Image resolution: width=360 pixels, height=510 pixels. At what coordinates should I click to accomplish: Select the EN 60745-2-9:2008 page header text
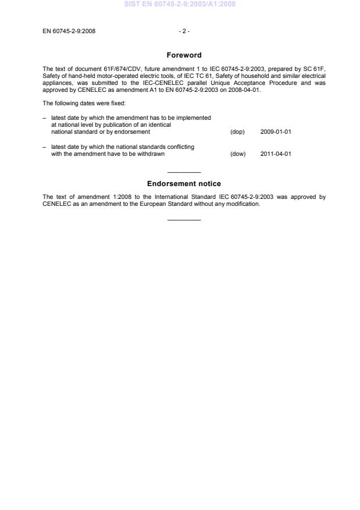tap(69, 31)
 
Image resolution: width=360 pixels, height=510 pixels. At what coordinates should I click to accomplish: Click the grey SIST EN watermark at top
tap(180, 4)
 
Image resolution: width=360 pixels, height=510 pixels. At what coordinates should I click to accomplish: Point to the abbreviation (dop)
tap(237, 132)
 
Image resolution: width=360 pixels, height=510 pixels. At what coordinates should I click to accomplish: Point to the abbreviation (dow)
tap(238, 154)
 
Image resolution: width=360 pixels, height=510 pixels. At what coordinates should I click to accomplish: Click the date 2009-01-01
tap(276, 132)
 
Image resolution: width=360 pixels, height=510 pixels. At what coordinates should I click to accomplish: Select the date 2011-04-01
tap(276, 154)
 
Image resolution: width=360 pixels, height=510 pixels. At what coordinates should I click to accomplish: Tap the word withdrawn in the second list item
tap(143, 154)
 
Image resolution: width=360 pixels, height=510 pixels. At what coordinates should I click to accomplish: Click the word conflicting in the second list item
tap(178, 147)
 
